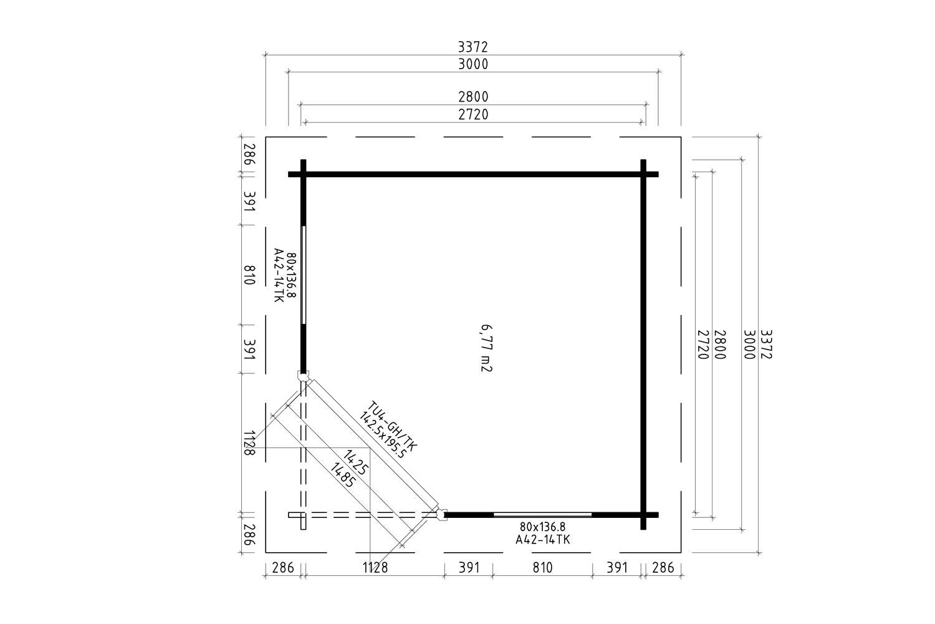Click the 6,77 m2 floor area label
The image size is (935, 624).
(x=486, y=348)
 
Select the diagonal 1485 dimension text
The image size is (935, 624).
(x=343, y=475)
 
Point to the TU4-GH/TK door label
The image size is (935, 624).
(x=392, y=426)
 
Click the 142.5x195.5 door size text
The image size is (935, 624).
(x=381, y=435)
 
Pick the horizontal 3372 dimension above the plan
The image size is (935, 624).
(x=473, y=47)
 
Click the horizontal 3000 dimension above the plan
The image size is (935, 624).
(x=473, y=64)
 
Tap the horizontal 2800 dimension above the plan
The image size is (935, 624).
(x=473, y=97)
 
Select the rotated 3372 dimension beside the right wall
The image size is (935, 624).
(x=766, y=344)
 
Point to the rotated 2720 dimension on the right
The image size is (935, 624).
(x=703, y=344)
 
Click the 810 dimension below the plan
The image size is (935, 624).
(x=542, y=568)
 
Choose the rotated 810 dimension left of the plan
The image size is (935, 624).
(x=249, y=275)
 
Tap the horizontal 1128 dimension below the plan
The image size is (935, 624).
(x=375, y=568)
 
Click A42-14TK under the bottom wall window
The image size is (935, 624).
(x=542, y=540)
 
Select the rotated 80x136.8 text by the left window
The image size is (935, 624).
(x=292, y=275)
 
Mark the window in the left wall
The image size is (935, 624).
(x=304, y=275)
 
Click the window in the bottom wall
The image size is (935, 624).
(x=542, y=515)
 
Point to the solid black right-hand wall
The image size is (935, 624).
(x=643, y=344)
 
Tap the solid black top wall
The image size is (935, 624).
(x=473, y=174)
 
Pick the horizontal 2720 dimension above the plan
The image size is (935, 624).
(x=473, y=114)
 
